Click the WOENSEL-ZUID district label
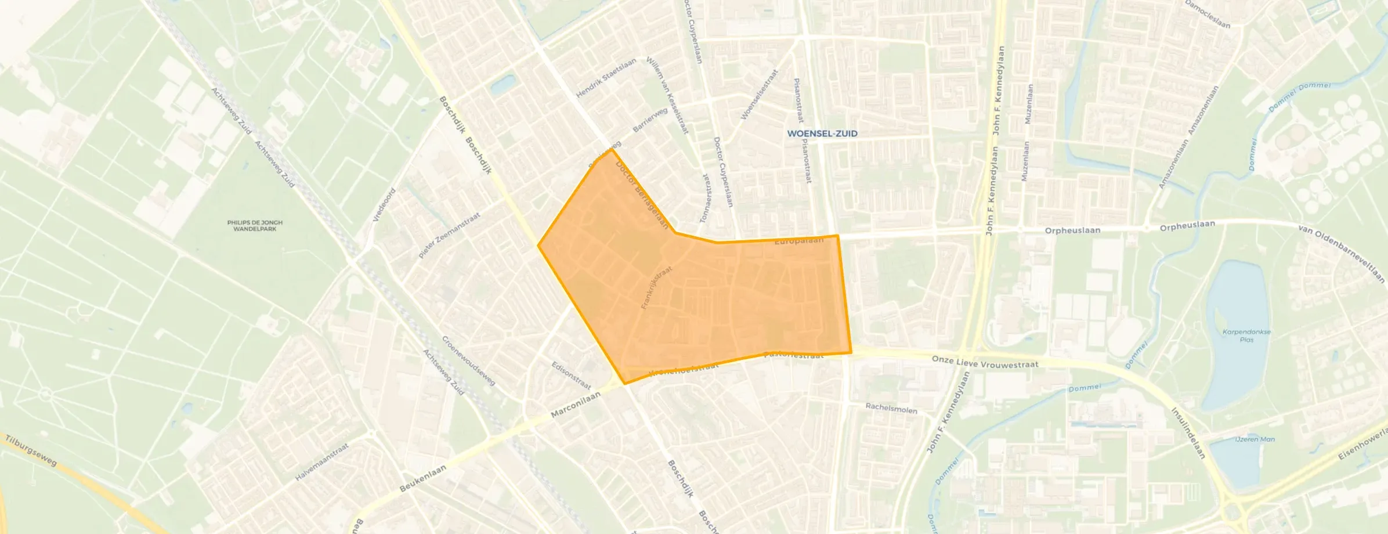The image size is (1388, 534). coord(822,133)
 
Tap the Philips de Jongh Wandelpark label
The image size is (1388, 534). coord(255,226)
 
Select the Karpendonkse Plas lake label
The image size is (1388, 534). coord(1246,335)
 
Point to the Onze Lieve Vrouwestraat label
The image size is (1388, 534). coord(985,363)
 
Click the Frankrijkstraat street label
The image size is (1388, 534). coord(656,288)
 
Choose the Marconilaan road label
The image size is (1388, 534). coord(576,405)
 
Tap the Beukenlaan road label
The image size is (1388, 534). coord(423,478)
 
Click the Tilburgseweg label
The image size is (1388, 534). coord(31,450)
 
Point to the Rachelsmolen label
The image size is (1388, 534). coord(891,409)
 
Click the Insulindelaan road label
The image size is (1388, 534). coord(1188,433)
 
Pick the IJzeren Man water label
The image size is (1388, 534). coord(1255,439)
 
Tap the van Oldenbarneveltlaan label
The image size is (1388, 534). coord(1341,254)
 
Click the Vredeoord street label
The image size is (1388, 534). coord(384,205)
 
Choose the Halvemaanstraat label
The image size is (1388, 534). coord(322,462)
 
